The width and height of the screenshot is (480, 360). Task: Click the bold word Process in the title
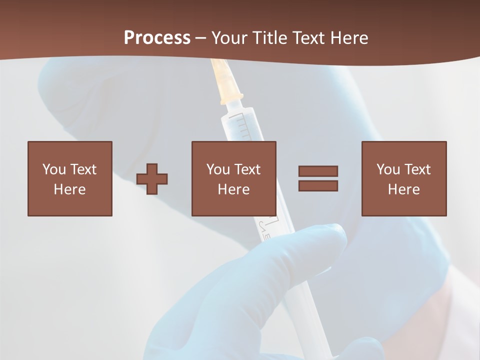[157, 38]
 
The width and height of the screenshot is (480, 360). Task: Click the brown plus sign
[152, 179]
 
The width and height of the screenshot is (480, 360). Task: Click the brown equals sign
[318, 178]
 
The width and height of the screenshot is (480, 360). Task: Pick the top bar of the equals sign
[318, 171]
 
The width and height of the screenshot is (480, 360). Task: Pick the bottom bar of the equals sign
[318, 186]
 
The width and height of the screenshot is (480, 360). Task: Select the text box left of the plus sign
[70, 178]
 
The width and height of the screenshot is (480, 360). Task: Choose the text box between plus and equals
[234, 178]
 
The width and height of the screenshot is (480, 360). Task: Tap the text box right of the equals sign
[404, 178]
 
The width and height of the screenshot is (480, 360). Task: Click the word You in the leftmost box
[54, 169]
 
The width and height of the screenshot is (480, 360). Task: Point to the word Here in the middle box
[234, 189]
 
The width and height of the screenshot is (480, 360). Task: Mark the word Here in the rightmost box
[404, 189]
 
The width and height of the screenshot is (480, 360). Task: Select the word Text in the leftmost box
[83, 169]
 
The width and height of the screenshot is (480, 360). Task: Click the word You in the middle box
[218, 169]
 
